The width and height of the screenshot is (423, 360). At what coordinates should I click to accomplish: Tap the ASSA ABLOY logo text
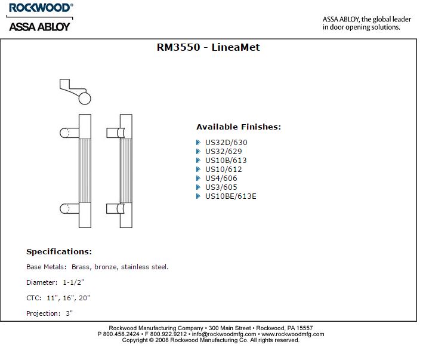pyautogui.click(x=39, y=26)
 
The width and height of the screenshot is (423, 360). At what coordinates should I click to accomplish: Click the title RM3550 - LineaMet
pyautogui.click(x=208, y=47)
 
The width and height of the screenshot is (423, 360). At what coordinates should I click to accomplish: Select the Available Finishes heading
pyautogui.click(x=238, y=127)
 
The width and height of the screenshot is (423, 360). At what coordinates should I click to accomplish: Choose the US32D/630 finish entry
pyautogui.click(x=226, y=143)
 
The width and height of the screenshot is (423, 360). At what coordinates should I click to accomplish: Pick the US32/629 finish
pyautogui.click(x=223, y=152)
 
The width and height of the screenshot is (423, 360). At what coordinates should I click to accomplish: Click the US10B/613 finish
pyautogui.click(x=226, y=161)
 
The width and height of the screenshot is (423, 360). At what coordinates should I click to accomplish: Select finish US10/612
pyautogui.click(x=223, y=170)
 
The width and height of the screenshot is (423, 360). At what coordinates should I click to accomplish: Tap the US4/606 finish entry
pyautogui.click(x=221, y=179)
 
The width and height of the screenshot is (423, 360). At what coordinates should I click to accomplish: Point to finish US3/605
pyautogui.click(x=221, y=187)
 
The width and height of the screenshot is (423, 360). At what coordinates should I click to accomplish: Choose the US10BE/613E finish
pyautogui.click(x=230, y=196)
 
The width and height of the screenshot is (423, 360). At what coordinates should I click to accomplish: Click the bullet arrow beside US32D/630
pyautogui.click(x=199, y=143)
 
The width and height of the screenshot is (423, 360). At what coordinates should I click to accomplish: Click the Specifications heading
pyautogui.click(x=59, y=251)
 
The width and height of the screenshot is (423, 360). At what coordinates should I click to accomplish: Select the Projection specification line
pyautogui.click(x=50, y=313)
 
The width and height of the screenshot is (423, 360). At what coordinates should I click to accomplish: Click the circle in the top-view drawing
pyautogui.click(x=85, y=99)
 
